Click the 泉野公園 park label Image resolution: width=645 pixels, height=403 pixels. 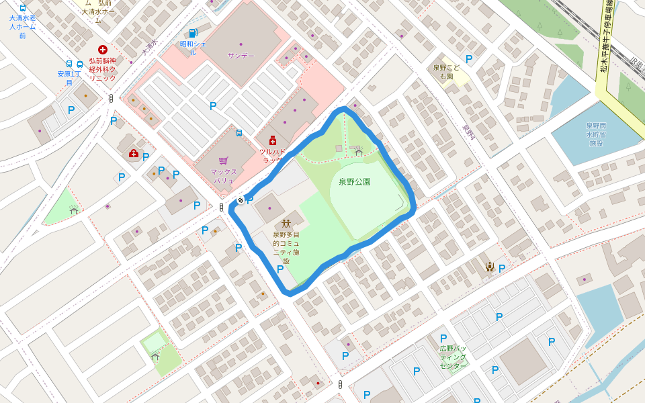point(354,181)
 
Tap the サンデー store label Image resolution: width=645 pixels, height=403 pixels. point(241,56)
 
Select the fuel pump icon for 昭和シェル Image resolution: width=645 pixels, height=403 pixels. point(193,33)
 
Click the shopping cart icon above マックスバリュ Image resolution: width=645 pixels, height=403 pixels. point(223,161)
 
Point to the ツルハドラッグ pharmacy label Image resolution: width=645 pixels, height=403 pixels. point(272,156)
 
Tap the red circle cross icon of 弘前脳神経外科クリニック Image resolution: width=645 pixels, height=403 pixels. point(103,49)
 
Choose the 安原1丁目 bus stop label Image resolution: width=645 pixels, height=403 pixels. point(69,78)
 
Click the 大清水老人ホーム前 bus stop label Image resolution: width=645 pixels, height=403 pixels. point(23,27)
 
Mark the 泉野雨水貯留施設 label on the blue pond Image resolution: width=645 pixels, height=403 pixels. point(596,134)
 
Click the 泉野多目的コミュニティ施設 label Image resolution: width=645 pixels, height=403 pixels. point(286,248)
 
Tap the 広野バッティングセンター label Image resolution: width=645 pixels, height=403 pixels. point(453,357)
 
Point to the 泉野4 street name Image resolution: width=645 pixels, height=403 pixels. point(468,132)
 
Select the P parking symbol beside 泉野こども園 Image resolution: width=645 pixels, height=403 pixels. point(469,59)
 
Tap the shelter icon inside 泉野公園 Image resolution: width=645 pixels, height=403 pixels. point(359,152)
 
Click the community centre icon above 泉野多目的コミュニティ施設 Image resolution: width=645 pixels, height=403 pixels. point(286,223)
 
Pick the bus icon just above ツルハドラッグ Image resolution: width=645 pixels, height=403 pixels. point(239,133)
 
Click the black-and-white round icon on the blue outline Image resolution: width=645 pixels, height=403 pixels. point(241,200)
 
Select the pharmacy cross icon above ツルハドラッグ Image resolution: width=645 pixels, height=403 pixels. point(273,141)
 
